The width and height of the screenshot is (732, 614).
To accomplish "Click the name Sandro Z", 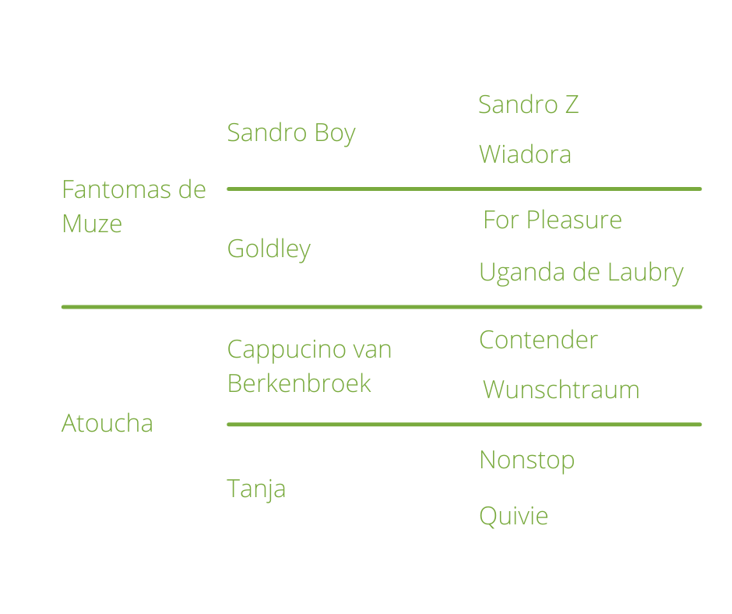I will [528, 104].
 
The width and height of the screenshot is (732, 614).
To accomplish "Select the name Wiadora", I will [525, 154].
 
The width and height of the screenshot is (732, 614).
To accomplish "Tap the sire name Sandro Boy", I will [290, 133].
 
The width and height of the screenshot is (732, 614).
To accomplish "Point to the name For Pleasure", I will [552, 221].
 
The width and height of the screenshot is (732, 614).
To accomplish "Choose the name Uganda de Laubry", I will [581, 273].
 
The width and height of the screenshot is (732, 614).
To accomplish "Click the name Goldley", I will [269, 249].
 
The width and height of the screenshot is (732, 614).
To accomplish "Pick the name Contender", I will [538, 340].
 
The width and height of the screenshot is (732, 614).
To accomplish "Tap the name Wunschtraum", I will [561, 390].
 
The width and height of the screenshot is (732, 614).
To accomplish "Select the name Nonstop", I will [526, 460].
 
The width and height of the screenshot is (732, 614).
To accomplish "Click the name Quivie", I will [513, 516].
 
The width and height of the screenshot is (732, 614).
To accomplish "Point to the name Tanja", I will [256, 489].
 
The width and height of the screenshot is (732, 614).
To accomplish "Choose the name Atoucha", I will [107, 424].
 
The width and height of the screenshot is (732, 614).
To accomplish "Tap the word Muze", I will [92, 224].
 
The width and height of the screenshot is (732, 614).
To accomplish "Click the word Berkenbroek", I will [299, 383].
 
